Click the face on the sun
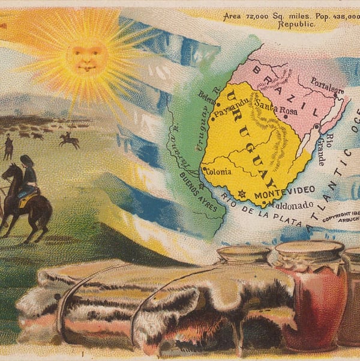click(x=87, y=57)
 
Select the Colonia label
click(x=218, y=171)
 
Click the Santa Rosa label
click(x=274, y=106)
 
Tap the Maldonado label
click(x=292, y=205)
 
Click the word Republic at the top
click(x=293, y=26)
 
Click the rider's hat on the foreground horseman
click(x=26, y=160)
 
